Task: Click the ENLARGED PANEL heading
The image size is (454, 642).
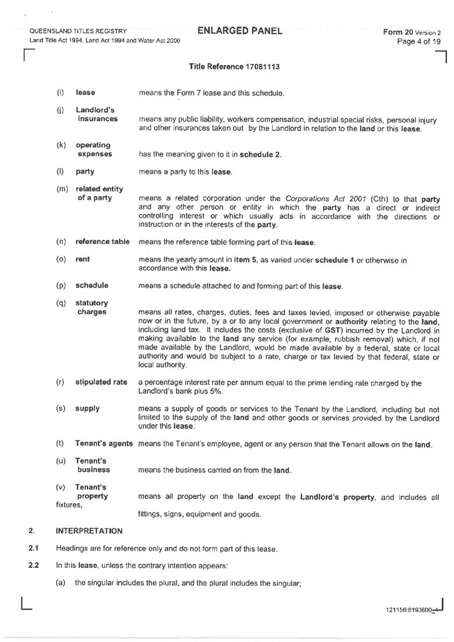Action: pos(240,30)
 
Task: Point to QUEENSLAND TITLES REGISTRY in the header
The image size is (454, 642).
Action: pos(79,32)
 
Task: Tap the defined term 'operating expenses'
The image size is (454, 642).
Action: pos(94,150)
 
